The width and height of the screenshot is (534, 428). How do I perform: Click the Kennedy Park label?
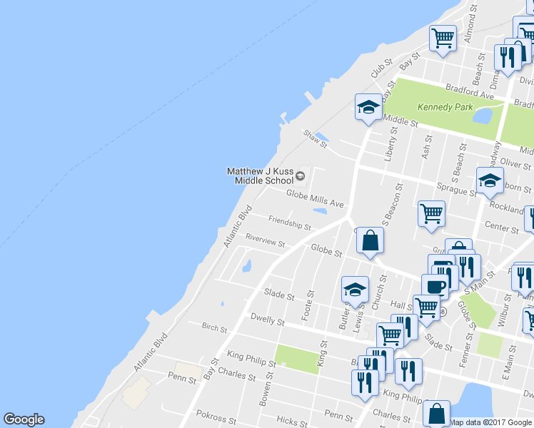[x=443, y=107]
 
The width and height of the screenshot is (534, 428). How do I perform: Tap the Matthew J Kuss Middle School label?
[x=261, y=175]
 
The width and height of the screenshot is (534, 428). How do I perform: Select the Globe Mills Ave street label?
[x=315, y=198]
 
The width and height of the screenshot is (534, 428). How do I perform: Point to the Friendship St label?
[x=289, y=223]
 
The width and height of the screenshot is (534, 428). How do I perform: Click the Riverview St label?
[x=265, y=240]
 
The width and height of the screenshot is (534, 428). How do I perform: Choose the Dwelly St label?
[x=267, y=319]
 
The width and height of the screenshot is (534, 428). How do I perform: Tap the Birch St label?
[x=214, y=329]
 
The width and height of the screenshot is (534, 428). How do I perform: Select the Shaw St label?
[x=314, y=138]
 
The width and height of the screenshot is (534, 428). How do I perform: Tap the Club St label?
[x=378, y=69]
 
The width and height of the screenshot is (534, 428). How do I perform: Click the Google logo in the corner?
[x=24, y=419]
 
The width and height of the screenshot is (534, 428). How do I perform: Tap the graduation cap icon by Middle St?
[x=368, y=108]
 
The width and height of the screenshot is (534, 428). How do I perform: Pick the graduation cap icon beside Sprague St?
[x=490, y=180]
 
